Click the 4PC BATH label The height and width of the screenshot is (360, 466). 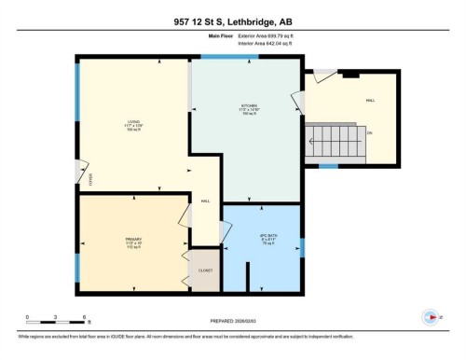[x=264, y=240]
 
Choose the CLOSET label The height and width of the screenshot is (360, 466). [x=205, y=270]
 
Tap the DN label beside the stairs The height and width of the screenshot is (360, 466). [x=368, y=133]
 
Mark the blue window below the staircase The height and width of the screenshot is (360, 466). [x=328, y=167]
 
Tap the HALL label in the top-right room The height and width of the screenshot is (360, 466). [x=369, y=100]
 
